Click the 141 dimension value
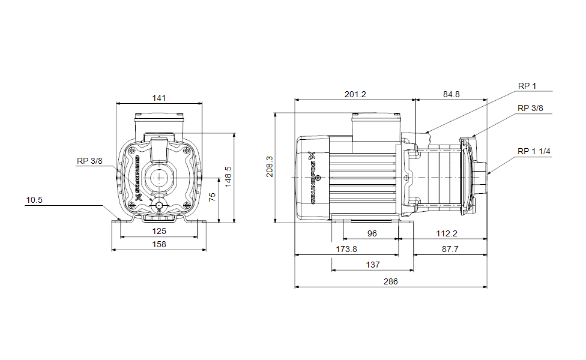[159, 98]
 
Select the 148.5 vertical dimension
[228, 177]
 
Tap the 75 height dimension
[212, 196]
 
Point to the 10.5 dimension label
[34, 200]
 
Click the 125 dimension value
[159, 231]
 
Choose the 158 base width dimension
[159, 244]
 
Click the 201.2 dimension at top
[355, 94]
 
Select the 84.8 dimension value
[452, 94]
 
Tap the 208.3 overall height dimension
[270, 167]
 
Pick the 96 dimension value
[372, 233]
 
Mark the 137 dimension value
[372, 265]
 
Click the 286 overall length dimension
[390, 281]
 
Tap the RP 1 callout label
[527, 86]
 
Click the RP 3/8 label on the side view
[530, 108]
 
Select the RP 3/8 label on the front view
[89, 161]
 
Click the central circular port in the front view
[159, 178]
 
